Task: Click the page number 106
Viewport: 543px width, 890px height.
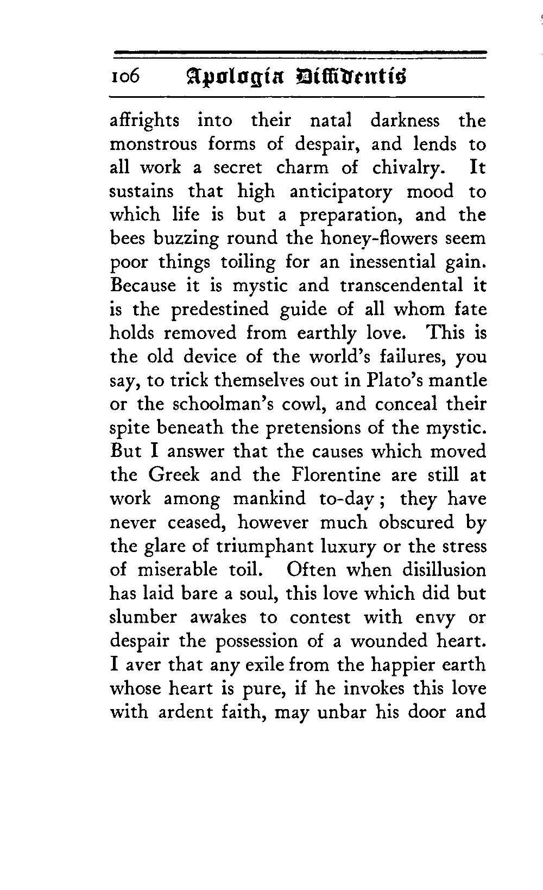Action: click(x=125, y=77)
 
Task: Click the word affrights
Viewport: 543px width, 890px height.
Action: click(x=144, y=121)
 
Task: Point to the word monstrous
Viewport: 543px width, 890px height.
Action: click(x=154, y=145)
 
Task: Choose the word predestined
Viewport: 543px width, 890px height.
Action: click(x=220, y=310)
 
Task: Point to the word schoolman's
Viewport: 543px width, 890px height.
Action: click(x=231, y=404)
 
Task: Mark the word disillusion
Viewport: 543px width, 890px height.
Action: click(x=444, y=570)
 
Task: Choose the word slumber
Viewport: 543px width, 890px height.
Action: click(x=143, y=617)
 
